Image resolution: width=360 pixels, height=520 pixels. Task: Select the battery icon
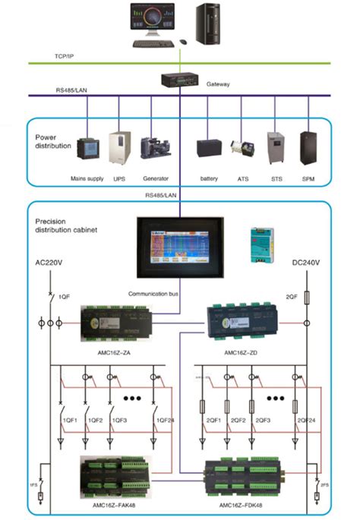coord(209,148)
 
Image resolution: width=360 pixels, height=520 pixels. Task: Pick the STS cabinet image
coord(276,147)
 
